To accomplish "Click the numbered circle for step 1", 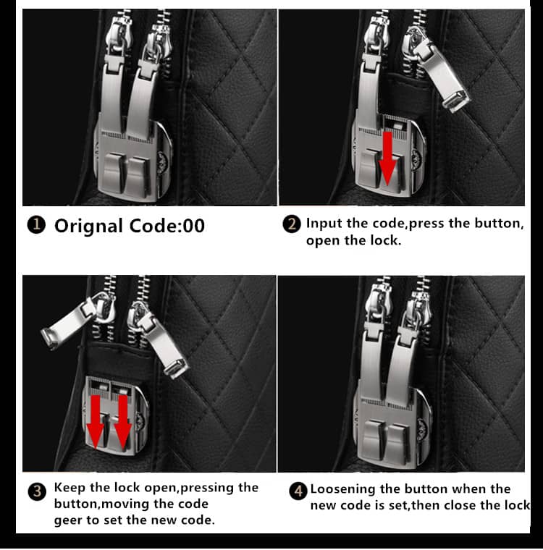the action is coord(36,225).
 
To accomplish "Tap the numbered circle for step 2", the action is coord(292,224).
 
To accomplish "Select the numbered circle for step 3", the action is coord(37,491).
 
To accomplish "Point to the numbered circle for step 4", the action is coord(298,491).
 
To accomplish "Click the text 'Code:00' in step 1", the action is coord(167,226).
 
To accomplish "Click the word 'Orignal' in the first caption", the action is coord(88,227).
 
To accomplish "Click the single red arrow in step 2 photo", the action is coord(387,158).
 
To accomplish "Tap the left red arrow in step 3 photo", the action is coord(96,422).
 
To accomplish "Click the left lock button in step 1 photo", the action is coord(114,172).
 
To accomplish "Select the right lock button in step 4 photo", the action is coord(398,443).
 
